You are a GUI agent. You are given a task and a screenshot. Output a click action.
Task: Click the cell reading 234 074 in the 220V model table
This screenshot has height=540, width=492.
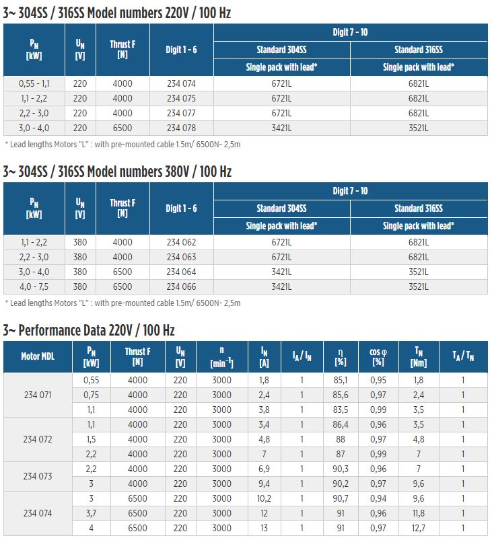pos(181,83)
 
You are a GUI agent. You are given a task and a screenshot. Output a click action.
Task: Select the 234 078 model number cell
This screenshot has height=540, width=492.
pos(181,128)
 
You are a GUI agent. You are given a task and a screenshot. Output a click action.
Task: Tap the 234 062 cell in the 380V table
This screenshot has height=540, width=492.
pos(181,243)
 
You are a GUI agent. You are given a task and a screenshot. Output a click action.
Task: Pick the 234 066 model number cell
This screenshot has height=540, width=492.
pos(181,287)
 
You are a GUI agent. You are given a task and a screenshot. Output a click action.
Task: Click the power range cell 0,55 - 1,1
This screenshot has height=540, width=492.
pos(34,83)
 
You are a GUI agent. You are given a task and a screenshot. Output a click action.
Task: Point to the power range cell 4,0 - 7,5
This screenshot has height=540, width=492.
pos(34,287)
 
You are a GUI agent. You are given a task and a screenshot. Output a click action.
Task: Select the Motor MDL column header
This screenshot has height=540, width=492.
pos(38,356)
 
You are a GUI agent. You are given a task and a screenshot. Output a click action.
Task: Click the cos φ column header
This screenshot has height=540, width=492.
pos(378,356)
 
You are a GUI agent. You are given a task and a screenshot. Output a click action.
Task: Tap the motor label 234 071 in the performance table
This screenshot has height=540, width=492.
pos(38,395)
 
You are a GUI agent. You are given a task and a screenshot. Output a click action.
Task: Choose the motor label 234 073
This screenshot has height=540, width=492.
pos(38,476)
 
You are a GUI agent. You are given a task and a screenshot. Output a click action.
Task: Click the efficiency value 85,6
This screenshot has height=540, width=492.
pos(341,395)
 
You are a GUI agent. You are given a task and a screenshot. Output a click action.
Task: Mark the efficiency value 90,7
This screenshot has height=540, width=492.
pos(341,499)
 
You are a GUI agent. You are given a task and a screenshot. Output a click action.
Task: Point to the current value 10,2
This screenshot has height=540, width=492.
pos(264,499)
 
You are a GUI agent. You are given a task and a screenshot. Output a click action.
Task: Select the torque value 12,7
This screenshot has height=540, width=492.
pos(419,529)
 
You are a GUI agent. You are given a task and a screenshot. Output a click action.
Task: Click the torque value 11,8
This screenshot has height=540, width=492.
pos(419,514)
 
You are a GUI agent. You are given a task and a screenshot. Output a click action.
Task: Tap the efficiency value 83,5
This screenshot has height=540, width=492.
pos(341,410)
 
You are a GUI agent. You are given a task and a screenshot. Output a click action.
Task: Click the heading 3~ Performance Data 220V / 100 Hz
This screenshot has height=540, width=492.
pos(89,330)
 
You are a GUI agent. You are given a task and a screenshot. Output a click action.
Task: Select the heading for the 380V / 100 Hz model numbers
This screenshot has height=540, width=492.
pos(117,171)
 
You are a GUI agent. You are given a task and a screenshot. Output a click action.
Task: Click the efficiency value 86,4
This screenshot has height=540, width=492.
pos(341,424)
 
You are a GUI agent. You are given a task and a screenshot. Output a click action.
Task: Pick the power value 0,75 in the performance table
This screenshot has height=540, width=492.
pos(91,395)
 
